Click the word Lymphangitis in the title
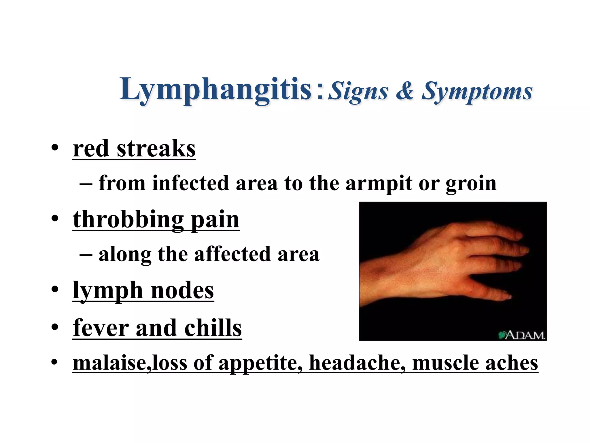click(x=215, y=89)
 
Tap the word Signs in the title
click(x=358, y=91)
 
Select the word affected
click(x=232, y=254)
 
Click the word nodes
click(x=182, y=290)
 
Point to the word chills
click(x=213, y=328)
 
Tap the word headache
click(x=355, y=363)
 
